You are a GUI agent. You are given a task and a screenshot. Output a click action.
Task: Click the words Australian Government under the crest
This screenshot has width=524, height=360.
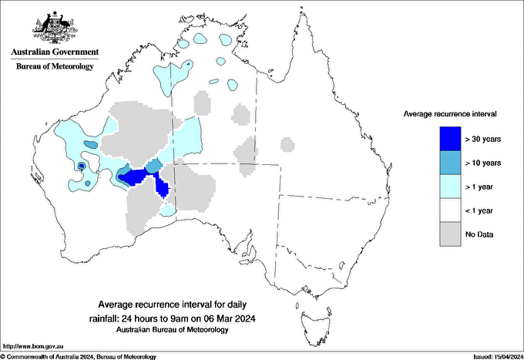54,52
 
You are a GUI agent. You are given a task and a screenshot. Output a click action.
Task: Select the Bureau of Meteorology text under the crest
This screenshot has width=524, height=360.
54,66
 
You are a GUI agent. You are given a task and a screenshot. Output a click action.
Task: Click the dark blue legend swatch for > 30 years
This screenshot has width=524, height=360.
450,138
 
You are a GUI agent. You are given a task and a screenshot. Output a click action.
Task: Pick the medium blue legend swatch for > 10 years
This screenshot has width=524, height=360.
450,162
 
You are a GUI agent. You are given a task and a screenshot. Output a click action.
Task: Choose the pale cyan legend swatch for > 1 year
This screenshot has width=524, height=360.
450,186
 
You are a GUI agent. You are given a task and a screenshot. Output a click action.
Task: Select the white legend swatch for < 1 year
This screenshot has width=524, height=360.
450,210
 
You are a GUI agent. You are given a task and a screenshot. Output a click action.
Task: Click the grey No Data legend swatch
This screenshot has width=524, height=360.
450,234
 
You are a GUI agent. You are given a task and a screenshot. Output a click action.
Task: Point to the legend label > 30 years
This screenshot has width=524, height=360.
483,139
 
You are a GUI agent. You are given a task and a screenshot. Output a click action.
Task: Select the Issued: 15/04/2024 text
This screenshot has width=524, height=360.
494,356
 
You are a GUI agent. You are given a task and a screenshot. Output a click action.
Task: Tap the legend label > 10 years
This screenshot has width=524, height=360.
483,163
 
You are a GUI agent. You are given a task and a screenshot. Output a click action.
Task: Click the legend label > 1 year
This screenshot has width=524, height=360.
481,187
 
